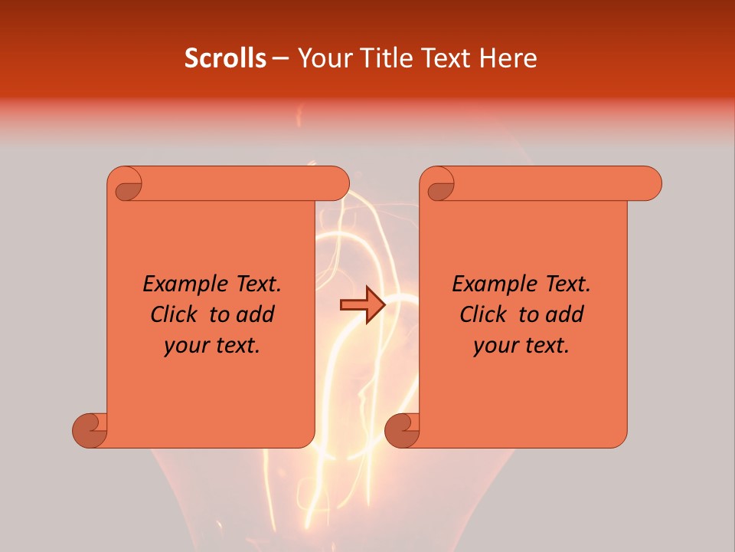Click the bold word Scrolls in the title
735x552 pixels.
click(226, 58)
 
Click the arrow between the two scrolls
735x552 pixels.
click(362, 305)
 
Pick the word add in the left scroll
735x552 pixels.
click(256, 314)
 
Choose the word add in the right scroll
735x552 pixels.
click(565, 314)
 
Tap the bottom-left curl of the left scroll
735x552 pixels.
click(90, 430)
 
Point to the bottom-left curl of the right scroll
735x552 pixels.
click(402, 430)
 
